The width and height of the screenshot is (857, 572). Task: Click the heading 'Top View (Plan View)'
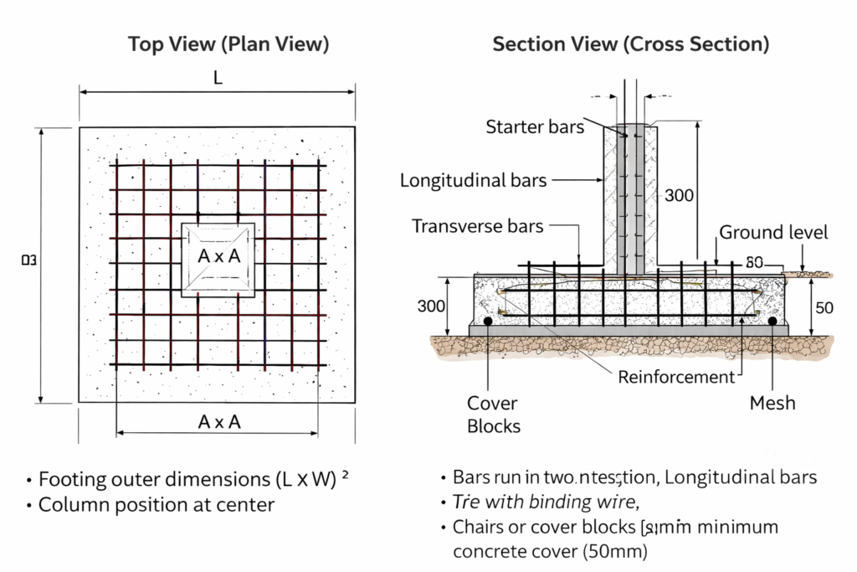point(228,44)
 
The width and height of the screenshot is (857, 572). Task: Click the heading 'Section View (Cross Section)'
point(630,44)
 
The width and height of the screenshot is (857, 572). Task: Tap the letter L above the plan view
point(218,78)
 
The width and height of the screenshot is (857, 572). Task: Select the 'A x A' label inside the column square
point(219,257)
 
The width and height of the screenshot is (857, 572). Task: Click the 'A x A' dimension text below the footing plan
point(219,422)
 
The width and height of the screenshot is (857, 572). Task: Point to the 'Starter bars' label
point(535,127)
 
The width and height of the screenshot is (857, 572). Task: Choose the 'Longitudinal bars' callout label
point(473,180)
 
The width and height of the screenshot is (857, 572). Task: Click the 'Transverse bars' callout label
point(478,226)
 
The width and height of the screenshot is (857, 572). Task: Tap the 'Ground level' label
point(773,233)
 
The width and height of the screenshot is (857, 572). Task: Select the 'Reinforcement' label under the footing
point(676,378)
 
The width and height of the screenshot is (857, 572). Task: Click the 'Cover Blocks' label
point(493,415)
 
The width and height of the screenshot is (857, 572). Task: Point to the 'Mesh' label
point(772,404)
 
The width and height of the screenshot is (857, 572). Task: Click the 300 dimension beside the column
point(679,196)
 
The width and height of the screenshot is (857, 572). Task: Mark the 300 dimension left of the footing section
point(431,307)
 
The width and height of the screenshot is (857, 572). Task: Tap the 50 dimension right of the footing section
point(824,308)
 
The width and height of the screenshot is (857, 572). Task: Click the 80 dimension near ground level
point(753,263)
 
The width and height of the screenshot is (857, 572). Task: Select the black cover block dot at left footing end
point(486,321)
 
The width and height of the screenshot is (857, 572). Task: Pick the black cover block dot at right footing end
point(772,321)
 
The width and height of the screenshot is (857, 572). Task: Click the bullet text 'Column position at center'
point(157,505)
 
